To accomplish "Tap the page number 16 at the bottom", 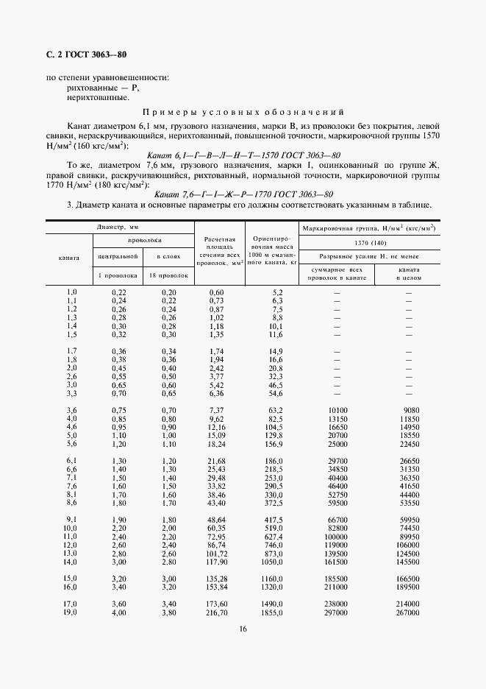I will tap(242, 628).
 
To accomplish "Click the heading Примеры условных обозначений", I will tap(243, 113).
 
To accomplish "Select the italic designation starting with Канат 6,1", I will tap(243, 155).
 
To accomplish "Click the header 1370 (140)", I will tap(370, 242).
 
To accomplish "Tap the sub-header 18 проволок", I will tap(168, 275).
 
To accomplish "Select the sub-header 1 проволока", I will tap(119, 275).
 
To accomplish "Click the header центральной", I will tap(119, 256).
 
